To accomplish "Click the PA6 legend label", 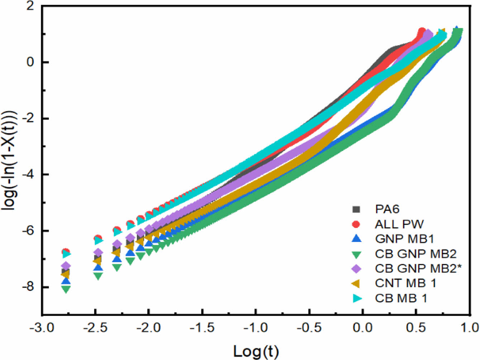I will pyautogui.click(x=387, y=209).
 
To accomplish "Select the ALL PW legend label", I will pyautogui.click(x=399, y=224).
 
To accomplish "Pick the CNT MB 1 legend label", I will pyautogui.click(x=405, y=283).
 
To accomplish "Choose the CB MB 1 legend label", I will pyautogui.click(x=401, y=298).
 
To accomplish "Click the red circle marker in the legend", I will pyautogui.click(x=356, y=224).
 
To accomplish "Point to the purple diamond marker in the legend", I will pyautogui.click(x=356, y=269).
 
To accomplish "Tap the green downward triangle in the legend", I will pyautogui.click(x=356, y=254).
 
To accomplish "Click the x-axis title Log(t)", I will pyautogui.click(x=256, y=351).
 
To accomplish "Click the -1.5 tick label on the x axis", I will pyautogui.click(x=202, y=327).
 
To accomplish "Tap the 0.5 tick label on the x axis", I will pyautogui.click(x=416, y=327).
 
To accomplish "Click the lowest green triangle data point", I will pyautogui.click(x=66, y=289).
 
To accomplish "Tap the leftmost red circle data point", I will pyautogui.click(x=66, y=251).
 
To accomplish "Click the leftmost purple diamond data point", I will pyautogui.click(x=66, y=266).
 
